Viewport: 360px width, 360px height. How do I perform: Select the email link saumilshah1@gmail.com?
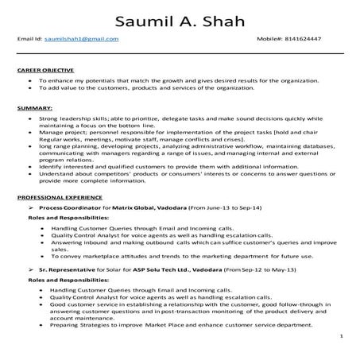(82, 38)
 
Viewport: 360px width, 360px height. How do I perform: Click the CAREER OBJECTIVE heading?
(45, 71)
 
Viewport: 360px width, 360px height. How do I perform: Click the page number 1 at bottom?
(341, 336)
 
